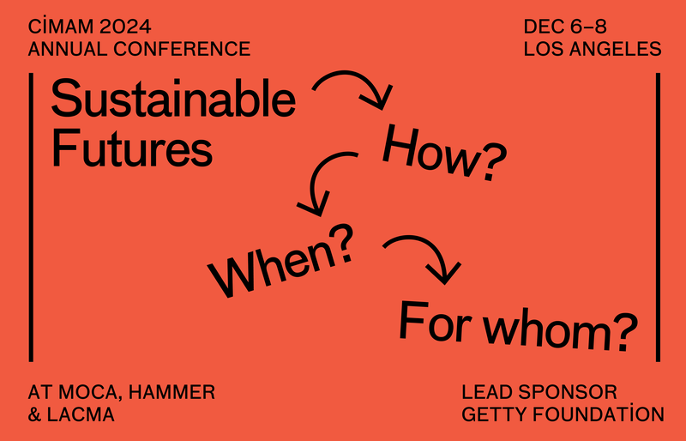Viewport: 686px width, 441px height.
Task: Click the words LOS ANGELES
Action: click(593, 49)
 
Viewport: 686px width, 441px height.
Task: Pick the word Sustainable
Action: click(173, 100)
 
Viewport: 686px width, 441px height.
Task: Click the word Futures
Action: click(131, 149)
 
